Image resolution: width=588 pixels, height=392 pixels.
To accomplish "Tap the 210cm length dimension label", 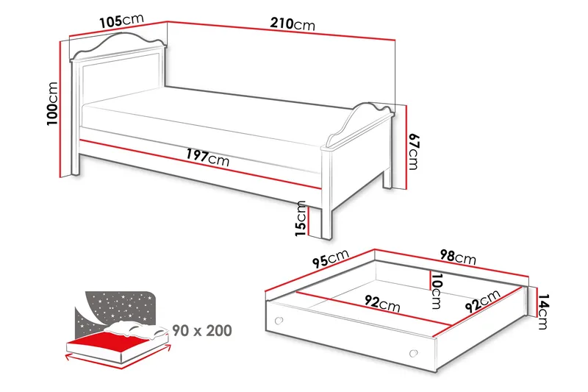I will [x=293, y=24].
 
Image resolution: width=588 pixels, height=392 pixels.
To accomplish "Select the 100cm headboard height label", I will [x=52, y=103].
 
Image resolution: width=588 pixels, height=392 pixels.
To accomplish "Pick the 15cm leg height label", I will [x=300, y=219].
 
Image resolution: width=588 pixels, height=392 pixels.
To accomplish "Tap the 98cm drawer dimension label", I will [x=457, y=257].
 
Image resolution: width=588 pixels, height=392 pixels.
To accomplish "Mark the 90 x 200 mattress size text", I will [x=202, y=330].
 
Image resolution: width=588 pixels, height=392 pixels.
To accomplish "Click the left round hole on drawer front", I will [x=278, y=320].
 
